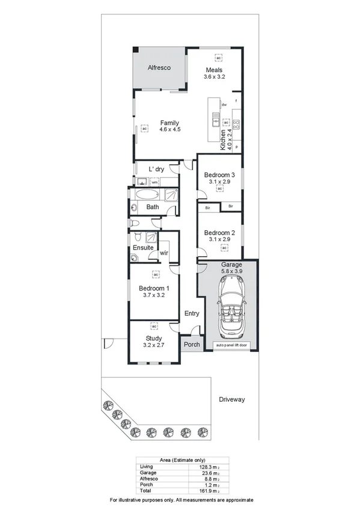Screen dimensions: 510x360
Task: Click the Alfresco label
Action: click(159, 68)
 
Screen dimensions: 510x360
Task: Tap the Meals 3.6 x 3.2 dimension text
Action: click(214, 77)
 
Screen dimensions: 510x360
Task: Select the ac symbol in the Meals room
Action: click(219, 58)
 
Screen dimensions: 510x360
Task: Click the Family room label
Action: click(169, 123)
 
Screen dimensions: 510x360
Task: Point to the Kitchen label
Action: click(222, 140)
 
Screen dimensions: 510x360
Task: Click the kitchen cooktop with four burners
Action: click(237, 125)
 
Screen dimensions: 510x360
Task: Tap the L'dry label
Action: click(156, 169)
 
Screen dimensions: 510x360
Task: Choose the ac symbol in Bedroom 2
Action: click(224, 248)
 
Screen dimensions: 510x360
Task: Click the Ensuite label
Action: click(144, 247)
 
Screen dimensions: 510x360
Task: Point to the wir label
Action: click(163, 253)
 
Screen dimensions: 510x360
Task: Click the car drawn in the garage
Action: click(231, 311)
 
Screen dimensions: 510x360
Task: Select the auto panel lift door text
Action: click(231, 346)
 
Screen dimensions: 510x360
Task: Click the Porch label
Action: click(191, 345)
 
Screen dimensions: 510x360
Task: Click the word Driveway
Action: click(231, 399)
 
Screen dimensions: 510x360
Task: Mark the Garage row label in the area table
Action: click(147, 472)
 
